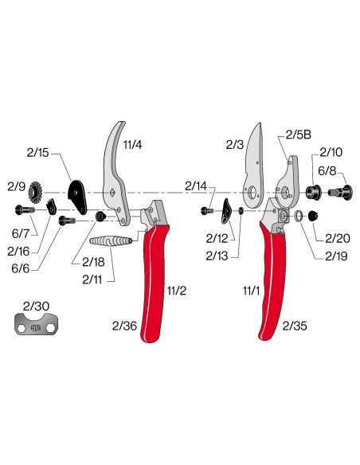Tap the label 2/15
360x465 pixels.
38,151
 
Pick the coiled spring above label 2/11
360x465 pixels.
112,241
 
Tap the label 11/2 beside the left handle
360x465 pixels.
175,292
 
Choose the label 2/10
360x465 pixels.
331,151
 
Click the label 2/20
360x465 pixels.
338,237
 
